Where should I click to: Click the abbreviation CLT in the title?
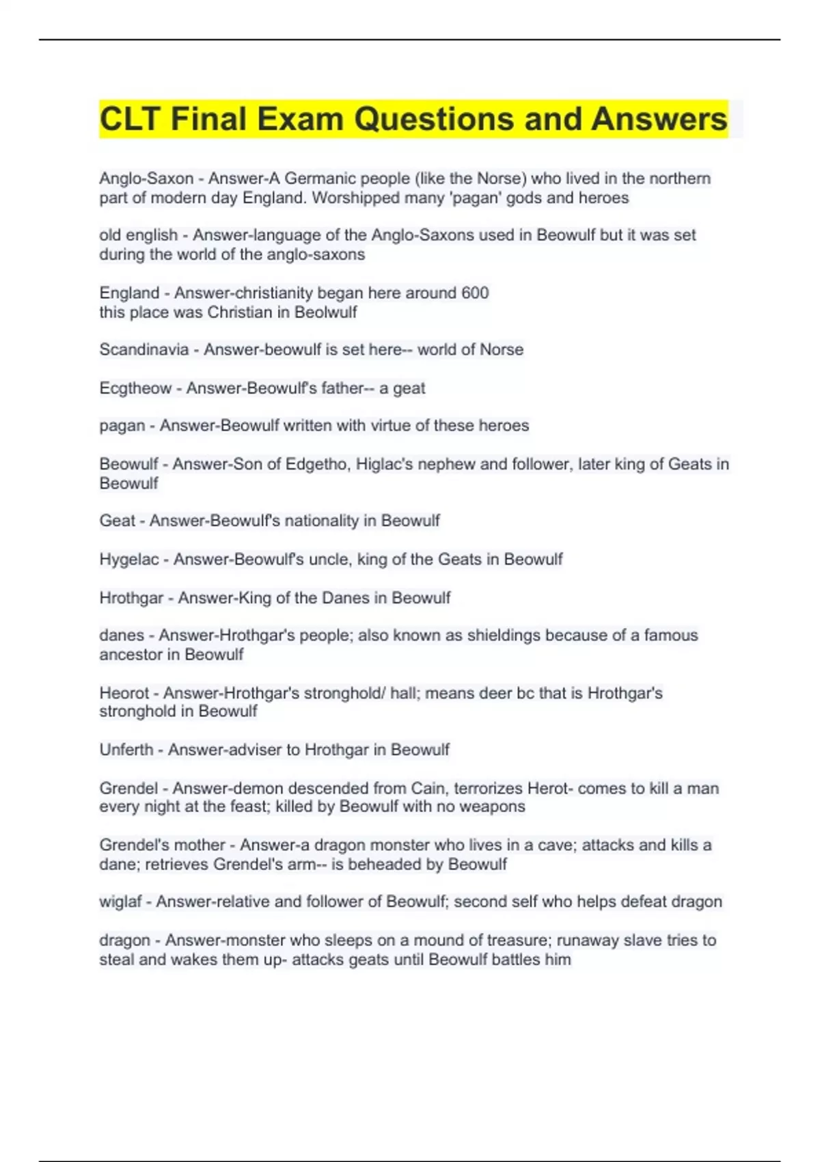130,119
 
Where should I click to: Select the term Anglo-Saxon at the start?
146,178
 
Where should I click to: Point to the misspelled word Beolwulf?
326,312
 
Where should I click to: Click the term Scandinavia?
143,350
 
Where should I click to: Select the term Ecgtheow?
135,388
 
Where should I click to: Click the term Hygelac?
128,559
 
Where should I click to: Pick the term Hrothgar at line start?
131,598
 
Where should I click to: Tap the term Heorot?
124,693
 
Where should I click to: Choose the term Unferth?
126,750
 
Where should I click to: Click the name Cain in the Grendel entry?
428,788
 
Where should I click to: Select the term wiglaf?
120,902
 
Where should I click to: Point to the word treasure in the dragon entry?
516,941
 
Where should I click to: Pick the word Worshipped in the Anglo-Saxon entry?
355,198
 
